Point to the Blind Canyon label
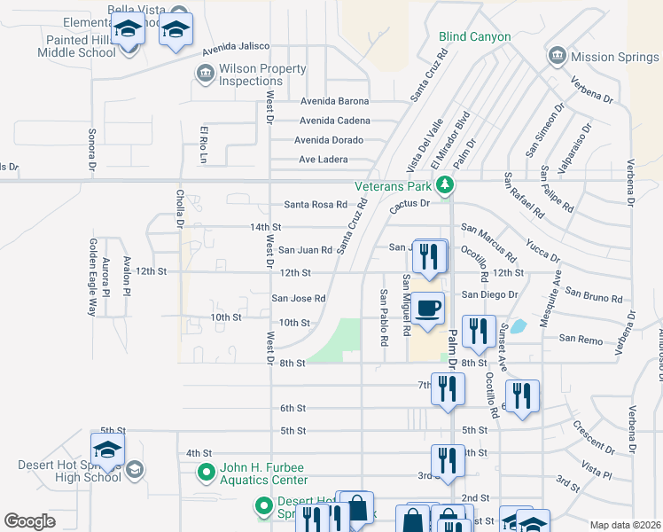tap(475, 36)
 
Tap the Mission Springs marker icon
tap(558, 56)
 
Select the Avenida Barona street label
tap(334, 101)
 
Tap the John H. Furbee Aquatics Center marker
tap(206, 473)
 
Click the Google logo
tap(29, 521)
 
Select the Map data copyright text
tap(624, 525)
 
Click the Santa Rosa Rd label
tap(315, 205)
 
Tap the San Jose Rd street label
tap(298, 299)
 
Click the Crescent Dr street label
tap(589, 435)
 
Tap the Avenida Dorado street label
tap(331, 140)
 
